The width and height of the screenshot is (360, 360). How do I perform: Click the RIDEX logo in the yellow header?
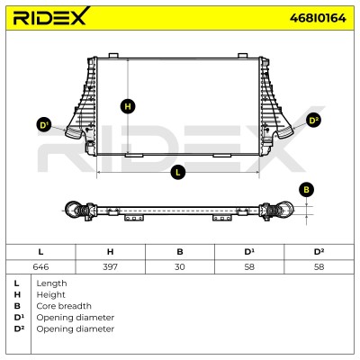[51, 16]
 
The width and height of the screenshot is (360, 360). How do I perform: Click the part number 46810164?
[318, 18]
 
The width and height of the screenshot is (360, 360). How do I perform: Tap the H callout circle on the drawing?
[128, 106]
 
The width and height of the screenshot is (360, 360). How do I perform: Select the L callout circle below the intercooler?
[178, 172]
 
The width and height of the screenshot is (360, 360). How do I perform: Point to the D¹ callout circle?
[44, 125]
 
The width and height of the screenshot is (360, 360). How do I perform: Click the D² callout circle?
[313, 121]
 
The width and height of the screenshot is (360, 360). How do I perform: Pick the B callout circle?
[306, 190]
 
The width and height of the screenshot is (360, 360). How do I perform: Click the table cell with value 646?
[40, 266]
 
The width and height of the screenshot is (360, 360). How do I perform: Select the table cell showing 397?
[110, 266]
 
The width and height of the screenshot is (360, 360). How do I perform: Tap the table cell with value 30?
[180, 266]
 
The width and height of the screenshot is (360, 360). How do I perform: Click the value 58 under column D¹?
[249, 266]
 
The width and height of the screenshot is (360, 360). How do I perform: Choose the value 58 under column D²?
[319, 266]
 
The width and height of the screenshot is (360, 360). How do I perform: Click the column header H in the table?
[110, 252]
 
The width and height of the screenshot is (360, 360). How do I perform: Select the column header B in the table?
[180, 252]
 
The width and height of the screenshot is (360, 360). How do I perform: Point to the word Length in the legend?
[51, 283]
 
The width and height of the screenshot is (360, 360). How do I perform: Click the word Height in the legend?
[50, 295]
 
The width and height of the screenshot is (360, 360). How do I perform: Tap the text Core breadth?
[64, 306]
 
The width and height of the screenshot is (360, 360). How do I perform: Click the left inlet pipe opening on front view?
[73, 132]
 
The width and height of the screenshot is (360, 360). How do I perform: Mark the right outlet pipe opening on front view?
[284, 132]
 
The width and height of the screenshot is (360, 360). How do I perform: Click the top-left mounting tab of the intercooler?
[113, 56]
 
